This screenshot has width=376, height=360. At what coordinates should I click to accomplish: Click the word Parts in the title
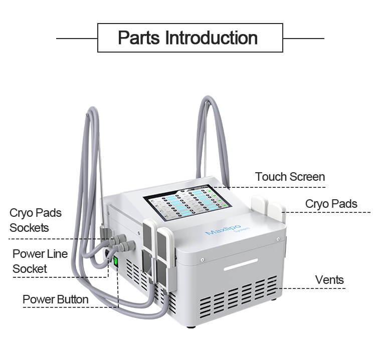[x=139, y=38]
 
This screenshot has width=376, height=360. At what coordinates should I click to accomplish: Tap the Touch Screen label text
[x=290, y=177]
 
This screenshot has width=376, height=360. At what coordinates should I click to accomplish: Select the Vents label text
[x=329, y=279]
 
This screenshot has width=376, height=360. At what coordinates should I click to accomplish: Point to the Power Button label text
[x=56, y=299]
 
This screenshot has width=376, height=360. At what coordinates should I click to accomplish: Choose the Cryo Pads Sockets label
[x=35, y=220]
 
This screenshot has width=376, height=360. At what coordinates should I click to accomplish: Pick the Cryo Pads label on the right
[x=331, y=204]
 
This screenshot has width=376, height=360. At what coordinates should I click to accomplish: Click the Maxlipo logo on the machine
[x=219, y=232]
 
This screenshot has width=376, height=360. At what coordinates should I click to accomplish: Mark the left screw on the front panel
[x=202, y=260]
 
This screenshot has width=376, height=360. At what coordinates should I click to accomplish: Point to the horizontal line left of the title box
[x=76, y=38]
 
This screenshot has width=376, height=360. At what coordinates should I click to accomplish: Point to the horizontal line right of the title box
[x=303, y=38]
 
